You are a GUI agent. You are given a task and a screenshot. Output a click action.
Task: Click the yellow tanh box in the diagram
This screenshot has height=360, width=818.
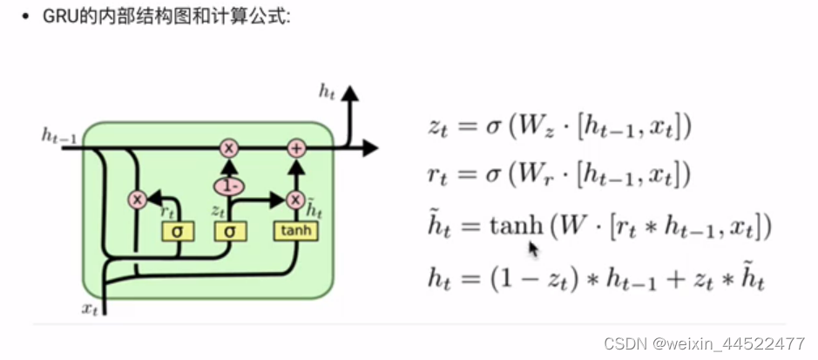[296, 230]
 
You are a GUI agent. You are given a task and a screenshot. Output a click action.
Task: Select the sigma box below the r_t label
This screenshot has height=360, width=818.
[178, 231]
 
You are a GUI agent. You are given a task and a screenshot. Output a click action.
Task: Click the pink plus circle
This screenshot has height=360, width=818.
[297, 148]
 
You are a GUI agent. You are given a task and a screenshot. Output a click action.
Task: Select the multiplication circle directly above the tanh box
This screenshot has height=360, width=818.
[296, 200]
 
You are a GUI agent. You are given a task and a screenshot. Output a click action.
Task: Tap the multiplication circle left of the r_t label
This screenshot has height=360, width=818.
[136, 200]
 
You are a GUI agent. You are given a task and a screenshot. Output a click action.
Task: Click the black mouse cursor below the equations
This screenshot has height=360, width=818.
[532, 250]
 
